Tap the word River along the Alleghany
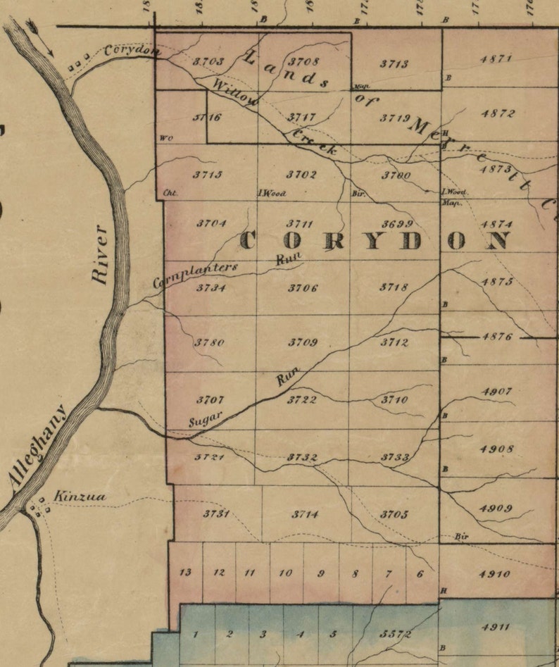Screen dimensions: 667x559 coord(100,254)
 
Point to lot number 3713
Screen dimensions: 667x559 coord(394,63)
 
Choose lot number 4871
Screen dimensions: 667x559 coord(496,59)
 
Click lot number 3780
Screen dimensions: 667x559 coord(210,343)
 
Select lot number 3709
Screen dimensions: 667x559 coord(303,343)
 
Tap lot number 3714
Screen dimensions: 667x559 coord(305,514)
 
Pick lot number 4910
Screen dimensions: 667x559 coord(494,574)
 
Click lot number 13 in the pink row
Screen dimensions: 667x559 coord(185,573)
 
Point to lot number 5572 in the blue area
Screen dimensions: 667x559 coord(395,634)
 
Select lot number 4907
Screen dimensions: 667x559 coord(496,391)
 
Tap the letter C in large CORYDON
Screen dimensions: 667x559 coord(249,241)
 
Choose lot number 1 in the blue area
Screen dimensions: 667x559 coord(196,634)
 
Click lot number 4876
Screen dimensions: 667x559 coord(498,337)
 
